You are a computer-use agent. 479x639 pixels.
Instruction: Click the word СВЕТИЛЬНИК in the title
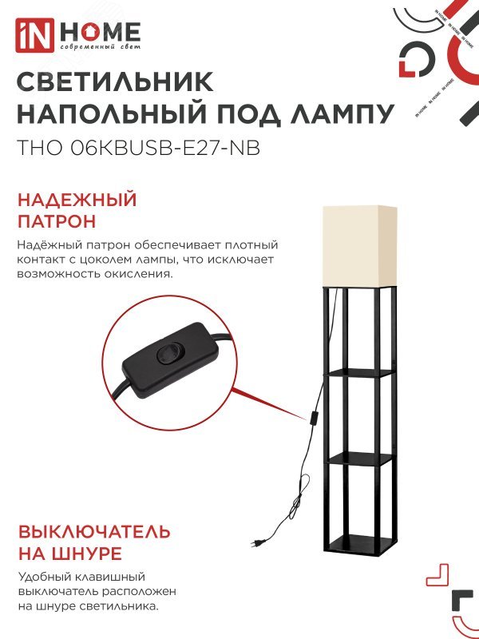tap(115, 82)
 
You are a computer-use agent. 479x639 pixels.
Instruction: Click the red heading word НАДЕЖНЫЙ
tap(77, 200)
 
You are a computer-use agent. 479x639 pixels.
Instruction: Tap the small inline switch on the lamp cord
tap(316, 418)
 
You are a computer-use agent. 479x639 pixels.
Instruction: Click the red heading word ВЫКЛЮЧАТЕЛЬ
tap(94, 532)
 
